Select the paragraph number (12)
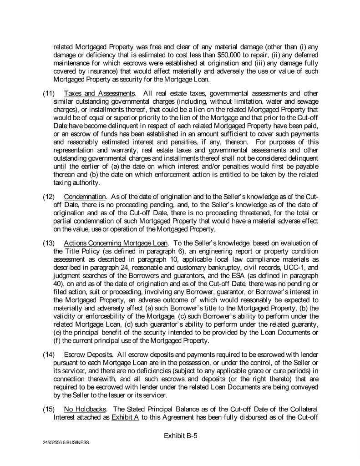click(x=49, y=197)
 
